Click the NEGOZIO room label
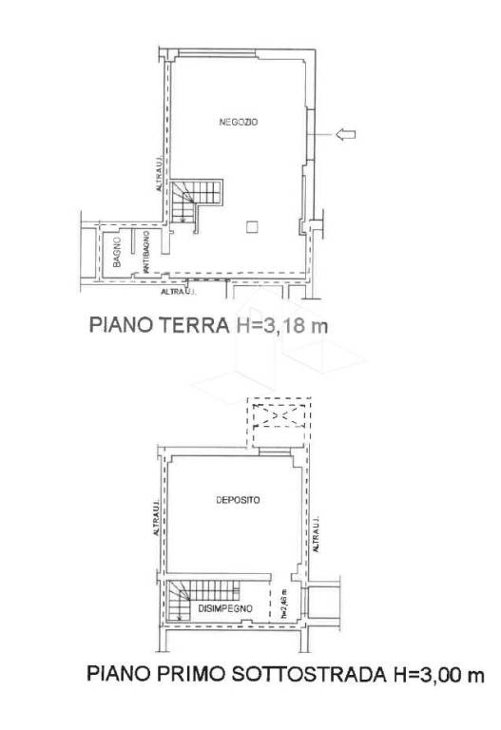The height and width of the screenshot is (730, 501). point(232,123)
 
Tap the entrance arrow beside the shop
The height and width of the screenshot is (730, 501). point(345,136)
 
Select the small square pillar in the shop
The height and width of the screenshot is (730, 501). point(250,225)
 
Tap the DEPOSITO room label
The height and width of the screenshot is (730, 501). point(232,499)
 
